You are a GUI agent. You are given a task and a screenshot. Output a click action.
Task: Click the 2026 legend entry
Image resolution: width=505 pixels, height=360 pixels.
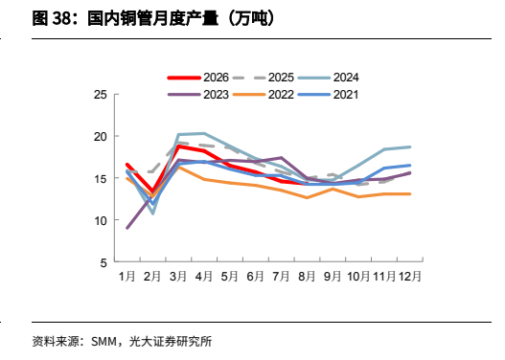pos(197,78)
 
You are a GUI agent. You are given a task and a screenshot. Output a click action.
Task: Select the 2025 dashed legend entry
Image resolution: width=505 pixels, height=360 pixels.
pos(264,78)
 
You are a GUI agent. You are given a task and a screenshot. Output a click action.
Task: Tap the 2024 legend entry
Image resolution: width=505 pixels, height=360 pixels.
pos(328,78)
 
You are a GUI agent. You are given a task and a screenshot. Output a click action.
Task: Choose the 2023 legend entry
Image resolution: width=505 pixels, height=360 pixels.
pos(197,95)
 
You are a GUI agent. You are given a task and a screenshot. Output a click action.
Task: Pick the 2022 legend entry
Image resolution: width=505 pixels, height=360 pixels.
pos(264,95)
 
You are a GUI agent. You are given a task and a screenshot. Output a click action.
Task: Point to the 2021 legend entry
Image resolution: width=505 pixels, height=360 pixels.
pos(328,95)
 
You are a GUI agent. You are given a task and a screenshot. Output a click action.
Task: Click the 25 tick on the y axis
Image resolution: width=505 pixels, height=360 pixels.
pos(101,95)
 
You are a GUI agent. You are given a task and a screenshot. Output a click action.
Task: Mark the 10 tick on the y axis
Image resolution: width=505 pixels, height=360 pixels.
pos(101,221)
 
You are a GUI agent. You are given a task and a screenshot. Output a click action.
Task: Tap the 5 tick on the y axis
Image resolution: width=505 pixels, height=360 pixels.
pos(103,263)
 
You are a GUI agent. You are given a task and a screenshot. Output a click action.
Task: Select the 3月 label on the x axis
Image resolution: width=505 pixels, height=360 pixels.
pos(178,276)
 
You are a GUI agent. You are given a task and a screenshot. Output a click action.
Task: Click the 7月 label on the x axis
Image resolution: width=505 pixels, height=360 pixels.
pos(281,276)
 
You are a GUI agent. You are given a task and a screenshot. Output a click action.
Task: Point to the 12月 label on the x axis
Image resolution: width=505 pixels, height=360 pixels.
pos(410,276)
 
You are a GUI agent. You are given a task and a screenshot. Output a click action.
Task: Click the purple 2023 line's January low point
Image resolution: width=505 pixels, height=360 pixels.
pos(127,228)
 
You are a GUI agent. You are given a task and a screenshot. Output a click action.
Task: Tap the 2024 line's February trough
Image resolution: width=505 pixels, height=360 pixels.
pos(153,214)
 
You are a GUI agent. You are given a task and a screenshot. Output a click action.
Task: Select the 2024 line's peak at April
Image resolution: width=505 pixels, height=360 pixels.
pos(204,133)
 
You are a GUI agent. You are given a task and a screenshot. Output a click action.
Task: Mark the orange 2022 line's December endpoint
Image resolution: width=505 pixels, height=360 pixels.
pos(410,194)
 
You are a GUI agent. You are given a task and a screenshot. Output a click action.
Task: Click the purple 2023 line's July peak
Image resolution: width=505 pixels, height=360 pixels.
pos(282,158)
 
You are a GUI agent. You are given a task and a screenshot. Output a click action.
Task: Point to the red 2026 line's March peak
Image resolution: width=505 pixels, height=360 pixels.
pos(178,146)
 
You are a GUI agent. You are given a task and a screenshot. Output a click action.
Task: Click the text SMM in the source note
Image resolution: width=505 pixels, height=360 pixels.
pos(103,342)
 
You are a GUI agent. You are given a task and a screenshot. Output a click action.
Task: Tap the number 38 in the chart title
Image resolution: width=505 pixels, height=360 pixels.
pos(61,18)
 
